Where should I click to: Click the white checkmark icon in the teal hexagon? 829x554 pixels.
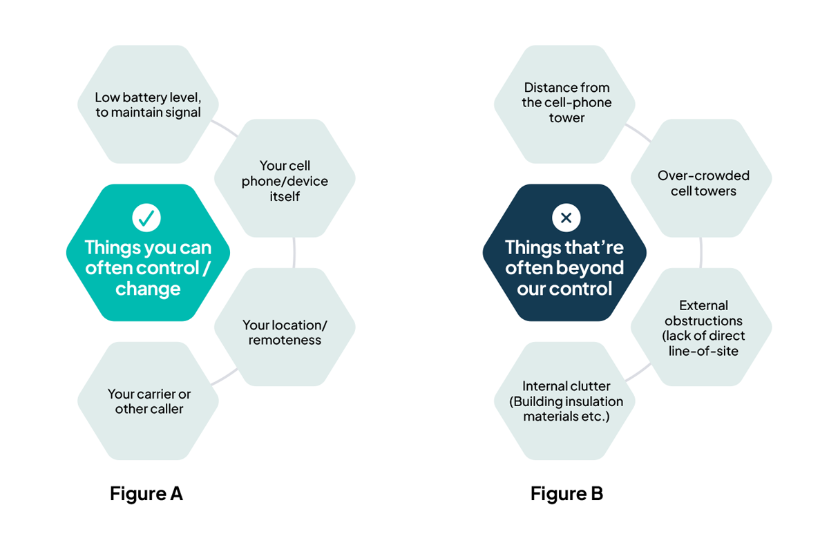146,218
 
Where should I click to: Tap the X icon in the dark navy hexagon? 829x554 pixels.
566,218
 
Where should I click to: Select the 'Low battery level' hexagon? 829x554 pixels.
148,104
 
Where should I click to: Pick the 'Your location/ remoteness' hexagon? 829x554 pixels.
285,332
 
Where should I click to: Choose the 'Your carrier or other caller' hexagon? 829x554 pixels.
149,401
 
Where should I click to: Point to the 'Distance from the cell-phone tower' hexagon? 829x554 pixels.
566,104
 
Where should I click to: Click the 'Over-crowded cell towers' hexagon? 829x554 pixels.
703,183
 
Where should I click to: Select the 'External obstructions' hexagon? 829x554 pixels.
703,328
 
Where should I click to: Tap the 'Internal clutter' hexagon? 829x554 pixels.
566,401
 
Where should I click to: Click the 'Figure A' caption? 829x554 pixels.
146,494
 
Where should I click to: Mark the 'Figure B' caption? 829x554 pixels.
566,494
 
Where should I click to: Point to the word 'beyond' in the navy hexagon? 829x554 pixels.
589,268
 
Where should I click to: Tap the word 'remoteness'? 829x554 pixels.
285,340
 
